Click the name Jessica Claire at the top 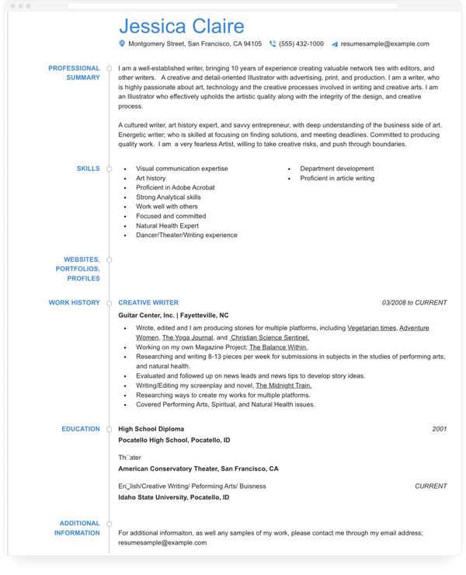(181, 27)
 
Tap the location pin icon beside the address (122, 44)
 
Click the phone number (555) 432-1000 (301, 44)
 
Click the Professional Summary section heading (74, 73)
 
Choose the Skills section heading (88, 169)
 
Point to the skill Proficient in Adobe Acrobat (175, 188)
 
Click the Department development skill (336, 169)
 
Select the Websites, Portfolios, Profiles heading (78, 269)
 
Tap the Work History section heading (74, 303)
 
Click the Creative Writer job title (148, 303)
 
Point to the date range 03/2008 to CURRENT (414, 303)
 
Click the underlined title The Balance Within (278, 347)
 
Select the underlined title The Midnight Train (283, 385)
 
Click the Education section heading (81, 429)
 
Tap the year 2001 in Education (440, 429)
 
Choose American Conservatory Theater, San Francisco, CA (198, 469)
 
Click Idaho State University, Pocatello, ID (174, 497)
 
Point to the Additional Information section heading (77, 528)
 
